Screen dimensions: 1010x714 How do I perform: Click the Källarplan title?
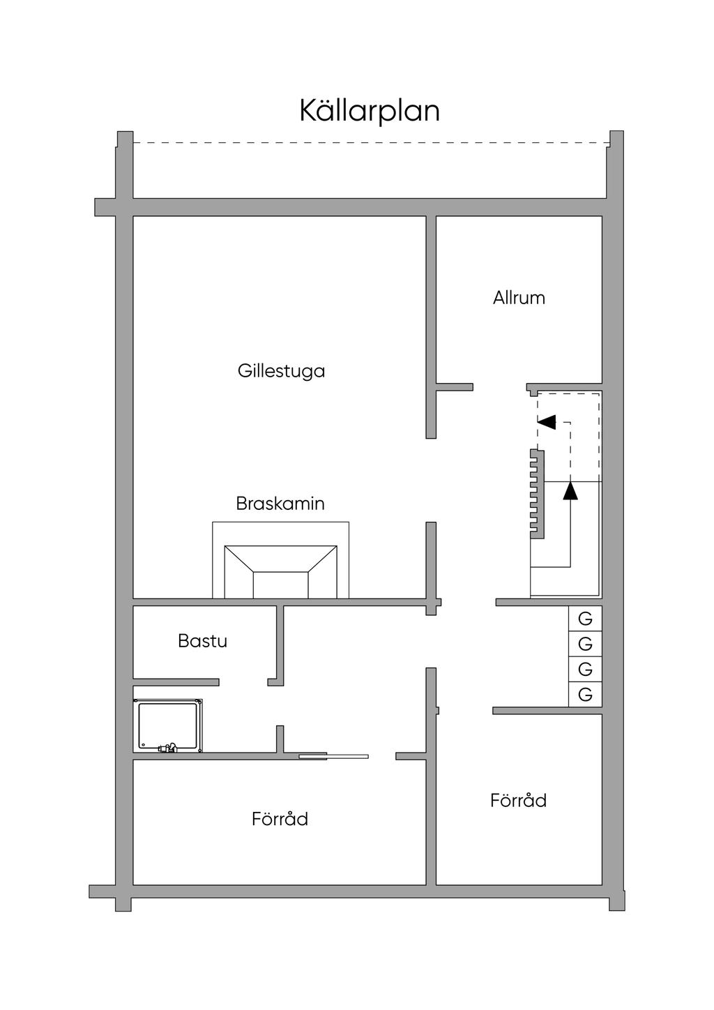[370, 111]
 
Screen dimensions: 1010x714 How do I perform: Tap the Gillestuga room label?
[281, 370]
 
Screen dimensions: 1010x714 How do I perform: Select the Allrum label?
[519, 298]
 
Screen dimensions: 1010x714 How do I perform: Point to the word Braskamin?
[280, 503]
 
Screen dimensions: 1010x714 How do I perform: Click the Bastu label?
[202, 641]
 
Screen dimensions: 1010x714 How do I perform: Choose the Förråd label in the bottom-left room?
[280, 818]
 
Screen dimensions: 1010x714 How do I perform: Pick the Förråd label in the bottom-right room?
[518, 800]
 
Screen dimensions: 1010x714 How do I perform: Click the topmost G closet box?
[585, 618]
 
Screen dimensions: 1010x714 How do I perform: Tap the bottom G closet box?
[585, 695]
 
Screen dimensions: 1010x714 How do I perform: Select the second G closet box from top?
[585, 643]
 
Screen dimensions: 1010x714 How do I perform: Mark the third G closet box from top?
[585, 669]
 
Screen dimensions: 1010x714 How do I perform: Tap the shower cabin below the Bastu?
[168, 727]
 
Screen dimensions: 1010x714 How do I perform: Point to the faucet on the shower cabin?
[167, 748]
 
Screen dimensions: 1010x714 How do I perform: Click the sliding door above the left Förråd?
[333, 756]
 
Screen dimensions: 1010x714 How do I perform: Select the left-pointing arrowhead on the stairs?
[547, 422]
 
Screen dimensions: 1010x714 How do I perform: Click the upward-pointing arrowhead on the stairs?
[570, 491]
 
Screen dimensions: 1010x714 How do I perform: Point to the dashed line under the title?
[370, 143]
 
